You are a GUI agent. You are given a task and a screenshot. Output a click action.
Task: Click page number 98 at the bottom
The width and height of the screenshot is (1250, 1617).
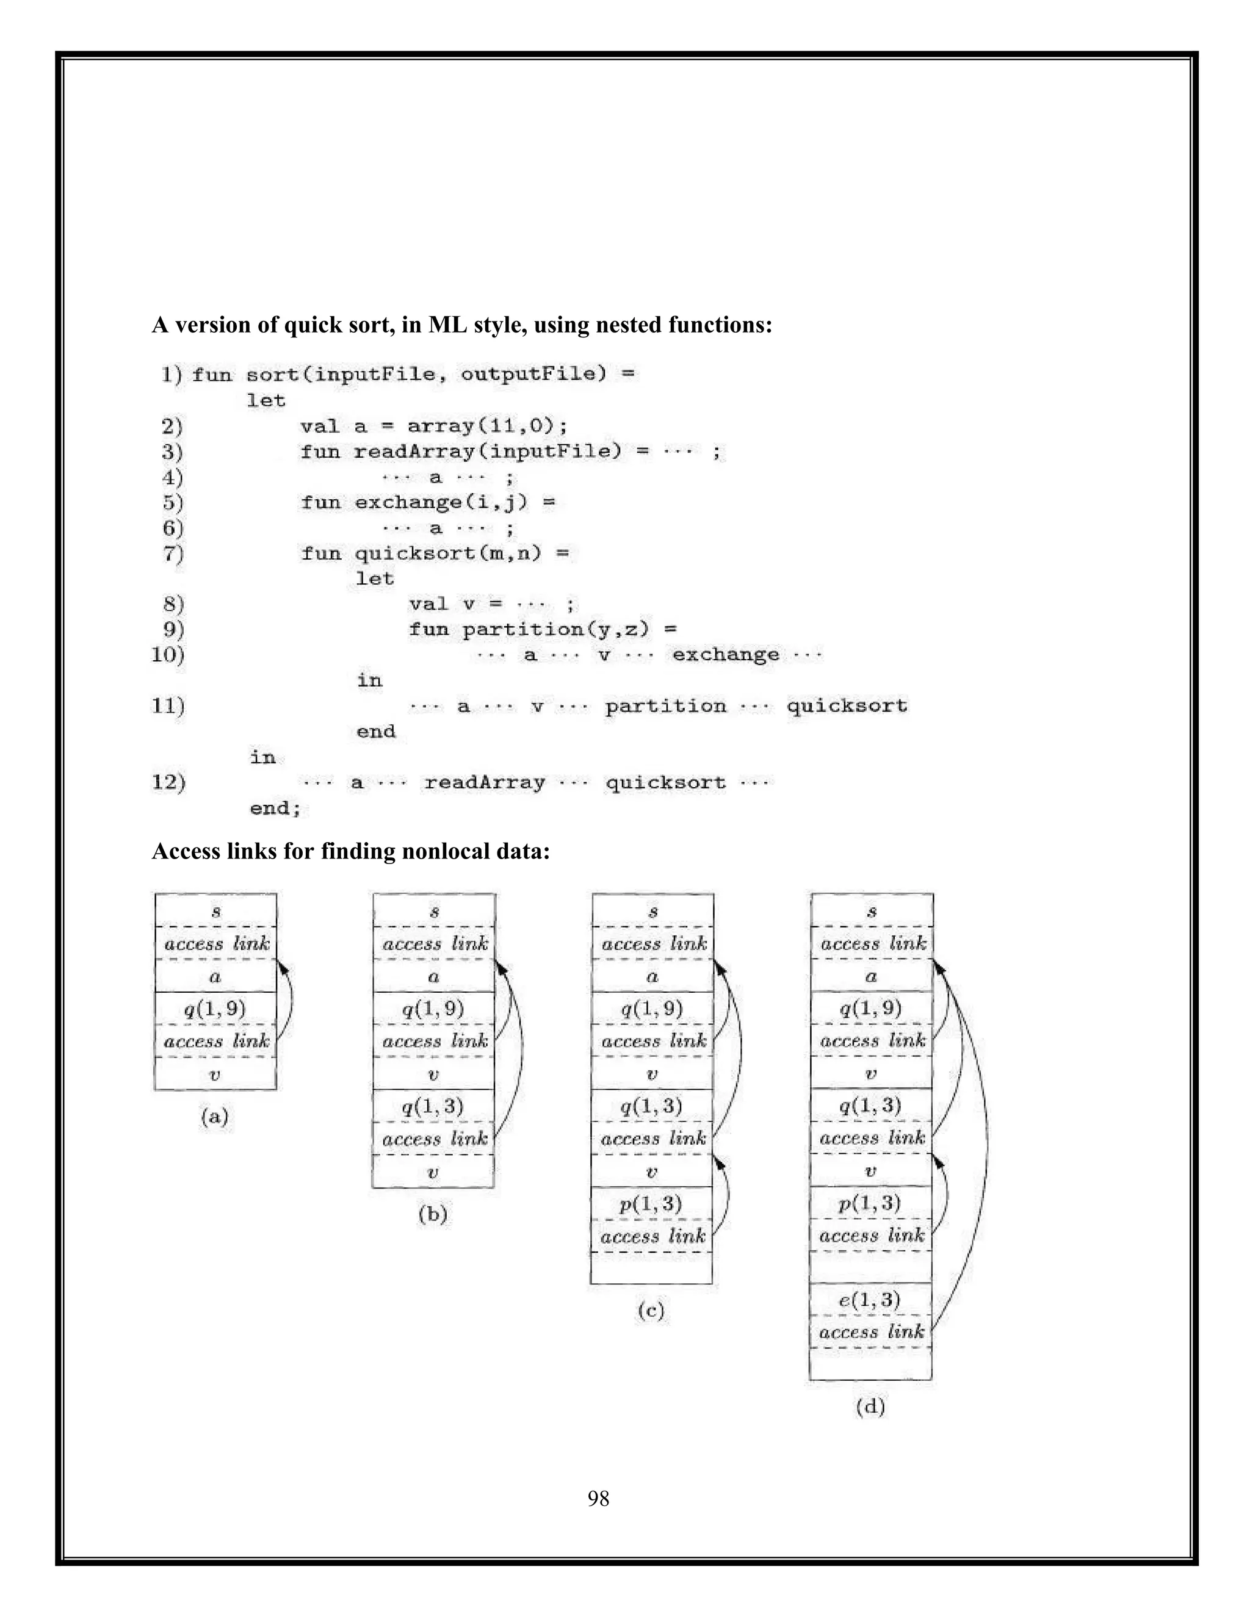pyautogui.click(x=598, y=1498)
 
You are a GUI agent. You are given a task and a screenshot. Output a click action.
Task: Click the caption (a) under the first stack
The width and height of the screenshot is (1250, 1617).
pyautogui.click(x=215, y=1116)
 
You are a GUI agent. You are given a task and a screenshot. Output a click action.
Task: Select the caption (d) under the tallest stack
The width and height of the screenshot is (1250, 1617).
pyautogui.click(x=870, y=1406)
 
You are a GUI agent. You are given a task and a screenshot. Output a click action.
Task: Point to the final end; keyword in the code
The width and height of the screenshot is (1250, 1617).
pyautogui.click(x=275, y=808)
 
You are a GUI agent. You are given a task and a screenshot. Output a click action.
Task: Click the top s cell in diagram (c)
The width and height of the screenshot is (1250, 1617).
pyautogui.click(x=652, y=910)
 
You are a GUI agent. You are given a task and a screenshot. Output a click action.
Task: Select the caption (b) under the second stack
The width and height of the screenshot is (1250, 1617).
pyautogui.click(x=433, y=1214)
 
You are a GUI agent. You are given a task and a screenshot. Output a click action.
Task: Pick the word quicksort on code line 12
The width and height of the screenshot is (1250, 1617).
pyautogui.click(x=665, y=783)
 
